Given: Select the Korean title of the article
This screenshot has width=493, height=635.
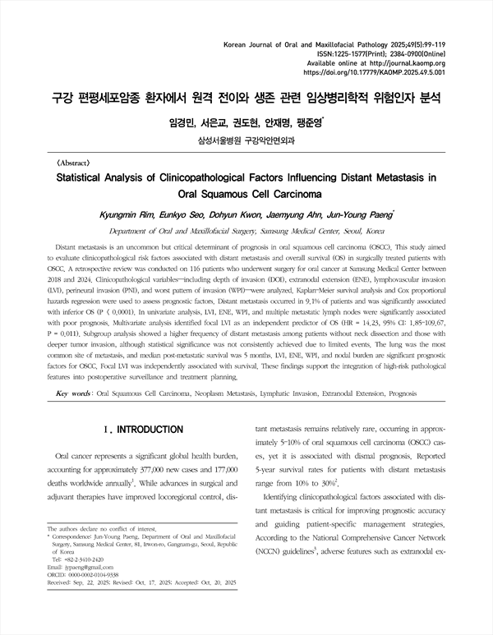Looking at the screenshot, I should [x=246, y=99].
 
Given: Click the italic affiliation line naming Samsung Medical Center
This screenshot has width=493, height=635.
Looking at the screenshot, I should [x=246, y=232].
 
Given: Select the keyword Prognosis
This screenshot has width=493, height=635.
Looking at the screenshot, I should [x=419, y=394].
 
